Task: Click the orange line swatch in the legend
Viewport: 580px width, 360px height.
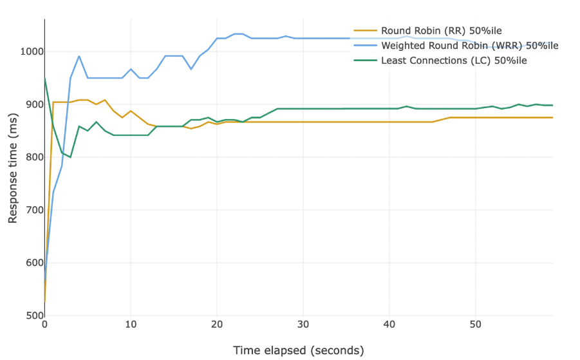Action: coord(366,30)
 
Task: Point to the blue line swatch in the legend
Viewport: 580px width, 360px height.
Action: coord(366,46)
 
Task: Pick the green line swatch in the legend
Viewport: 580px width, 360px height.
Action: coord(366,61)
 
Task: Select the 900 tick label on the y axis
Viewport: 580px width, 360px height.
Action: coord(32,104)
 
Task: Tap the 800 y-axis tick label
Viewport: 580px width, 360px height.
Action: coord(32,157)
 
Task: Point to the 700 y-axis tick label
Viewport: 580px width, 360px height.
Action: coord(32,210)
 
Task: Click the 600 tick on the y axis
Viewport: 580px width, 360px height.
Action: coord(32,263)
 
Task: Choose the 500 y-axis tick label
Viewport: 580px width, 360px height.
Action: coord(32,316)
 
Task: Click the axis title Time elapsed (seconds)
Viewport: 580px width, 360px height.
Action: coord(298,350)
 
